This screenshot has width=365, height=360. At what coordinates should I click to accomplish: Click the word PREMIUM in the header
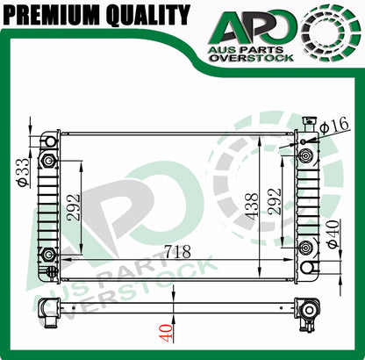pyautogui.click(x=52, y=15)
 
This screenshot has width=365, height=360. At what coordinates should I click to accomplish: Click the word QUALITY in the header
pyautogui.click(x=148, y=15)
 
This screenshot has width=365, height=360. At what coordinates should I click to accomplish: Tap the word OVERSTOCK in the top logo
pyautogui.click(x=252, y=58)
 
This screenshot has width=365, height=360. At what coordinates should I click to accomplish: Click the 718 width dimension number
pyautogui.click(x=177, y=252)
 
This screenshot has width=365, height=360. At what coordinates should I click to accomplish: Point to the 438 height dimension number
pyautogui.click(x=252, y=206)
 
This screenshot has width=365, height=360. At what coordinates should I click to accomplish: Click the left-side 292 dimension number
pyautogui.click(x=73, y=207)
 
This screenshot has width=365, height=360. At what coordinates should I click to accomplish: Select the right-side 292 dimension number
pyautogui.click(x=275, y=202)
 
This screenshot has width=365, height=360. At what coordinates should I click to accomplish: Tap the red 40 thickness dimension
pyautogui.click(x=166, y=333)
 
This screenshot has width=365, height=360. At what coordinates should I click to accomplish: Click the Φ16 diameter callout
pyautogui.click(x=334, y=125)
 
